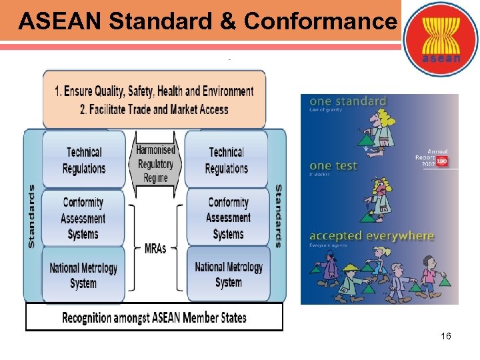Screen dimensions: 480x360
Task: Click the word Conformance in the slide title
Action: [320, 21]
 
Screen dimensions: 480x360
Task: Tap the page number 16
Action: [446, 337]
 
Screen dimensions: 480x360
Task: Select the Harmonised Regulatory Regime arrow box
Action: [155, 164]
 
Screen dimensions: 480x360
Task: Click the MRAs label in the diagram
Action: [155, 249]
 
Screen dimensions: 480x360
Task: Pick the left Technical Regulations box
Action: [84, 160]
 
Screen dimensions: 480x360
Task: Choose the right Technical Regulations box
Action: [227, 160]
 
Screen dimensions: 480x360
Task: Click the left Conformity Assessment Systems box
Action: [83, 218]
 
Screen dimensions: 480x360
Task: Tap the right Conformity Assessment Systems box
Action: [228, 218]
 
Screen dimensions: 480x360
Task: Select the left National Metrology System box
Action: [83, 275]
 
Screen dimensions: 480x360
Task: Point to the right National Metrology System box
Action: [229, 274]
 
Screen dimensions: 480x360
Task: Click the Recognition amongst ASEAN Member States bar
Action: [154, 317]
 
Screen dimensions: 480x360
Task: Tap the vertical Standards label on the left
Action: [31, 216]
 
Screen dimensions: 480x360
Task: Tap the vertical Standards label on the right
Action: [278, 216]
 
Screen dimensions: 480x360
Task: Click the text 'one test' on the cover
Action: [334, 165]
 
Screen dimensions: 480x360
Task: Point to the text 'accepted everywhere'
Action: [372, 237]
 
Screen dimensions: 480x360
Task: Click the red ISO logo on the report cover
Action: [441, 161]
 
